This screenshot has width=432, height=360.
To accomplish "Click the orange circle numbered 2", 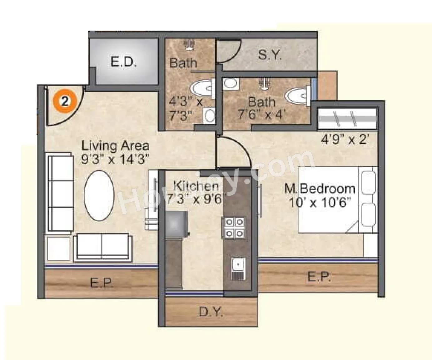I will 65,101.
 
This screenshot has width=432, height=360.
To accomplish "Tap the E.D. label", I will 123,62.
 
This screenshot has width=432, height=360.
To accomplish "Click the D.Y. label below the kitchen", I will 211,312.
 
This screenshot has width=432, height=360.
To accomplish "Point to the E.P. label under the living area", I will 102,283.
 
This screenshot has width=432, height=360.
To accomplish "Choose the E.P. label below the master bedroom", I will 319,277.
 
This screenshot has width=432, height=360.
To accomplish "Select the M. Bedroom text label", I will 320,189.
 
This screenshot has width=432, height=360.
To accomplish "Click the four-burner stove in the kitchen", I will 234,228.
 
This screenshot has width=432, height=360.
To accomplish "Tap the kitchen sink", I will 238,268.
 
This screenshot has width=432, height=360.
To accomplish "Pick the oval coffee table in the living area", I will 99,195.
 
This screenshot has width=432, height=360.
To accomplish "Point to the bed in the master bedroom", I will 337,200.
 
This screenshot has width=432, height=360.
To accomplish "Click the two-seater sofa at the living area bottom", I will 102,247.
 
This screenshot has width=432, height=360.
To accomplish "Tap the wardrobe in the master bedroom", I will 347,119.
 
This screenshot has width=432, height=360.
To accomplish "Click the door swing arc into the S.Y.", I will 230,52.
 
